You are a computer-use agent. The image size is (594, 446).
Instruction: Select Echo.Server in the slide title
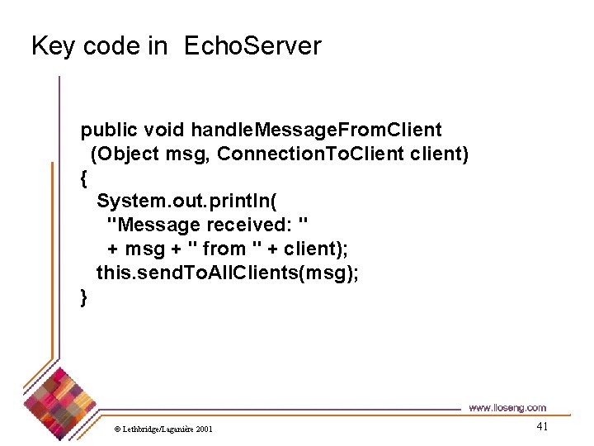tap(252, 46)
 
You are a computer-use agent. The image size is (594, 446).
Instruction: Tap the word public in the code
tap(108, 130)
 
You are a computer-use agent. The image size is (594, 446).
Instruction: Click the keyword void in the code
tap(163, 130)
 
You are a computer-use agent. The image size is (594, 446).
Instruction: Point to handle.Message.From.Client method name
tap(316, 130)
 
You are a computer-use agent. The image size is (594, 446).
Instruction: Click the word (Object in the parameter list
tap(123, 154)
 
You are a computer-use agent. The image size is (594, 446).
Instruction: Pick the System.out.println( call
tap(191, 202)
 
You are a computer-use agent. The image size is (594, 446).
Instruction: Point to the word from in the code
tap(224, 249)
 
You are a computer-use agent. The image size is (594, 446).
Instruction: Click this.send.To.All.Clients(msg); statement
tap(227, 273)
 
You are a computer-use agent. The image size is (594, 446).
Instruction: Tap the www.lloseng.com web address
tap(507, 408)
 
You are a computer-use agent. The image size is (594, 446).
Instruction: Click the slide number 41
tap(542, 426)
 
